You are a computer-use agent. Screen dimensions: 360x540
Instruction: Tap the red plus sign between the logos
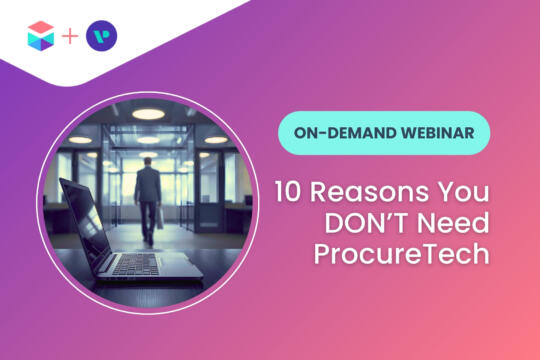point(70,38)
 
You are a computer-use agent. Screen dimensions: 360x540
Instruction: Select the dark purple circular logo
point(101,37)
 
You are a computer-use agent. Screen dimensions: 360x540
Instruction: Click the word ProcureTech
point(400,251)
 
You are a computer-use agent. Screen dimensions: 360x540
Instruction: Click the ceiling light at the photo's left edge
point(78,140)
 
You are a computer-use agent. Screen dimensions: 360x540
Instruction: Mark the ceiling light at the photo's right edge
point(213,140)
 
